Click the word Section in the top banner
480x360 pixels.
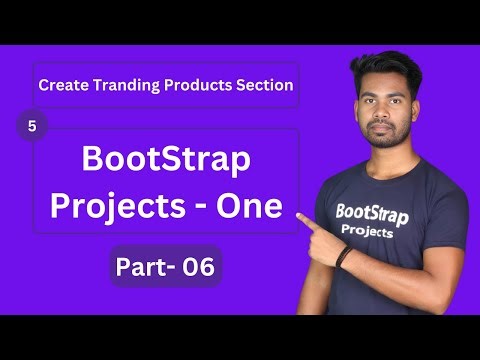pyautogui.click(x=260, y=86)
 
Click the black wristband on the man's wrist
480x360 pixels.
pyautogui.click(x=343, y=256)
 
